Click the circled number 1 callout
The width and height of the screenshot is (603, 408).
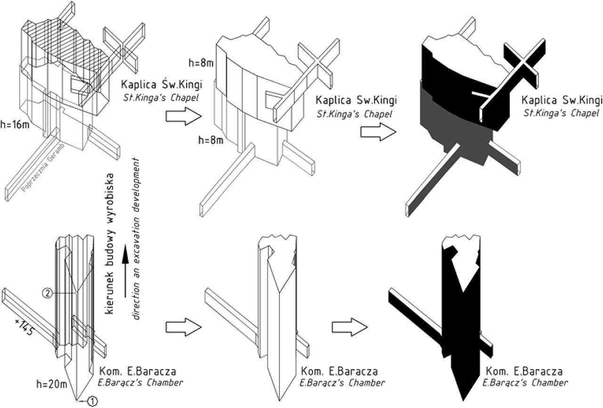click(92, 400)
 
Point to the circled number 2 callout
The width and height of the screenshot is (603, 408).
click(48, 293)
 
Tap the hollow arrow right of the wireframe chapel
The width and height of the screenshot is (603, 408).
click(183, 116)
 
